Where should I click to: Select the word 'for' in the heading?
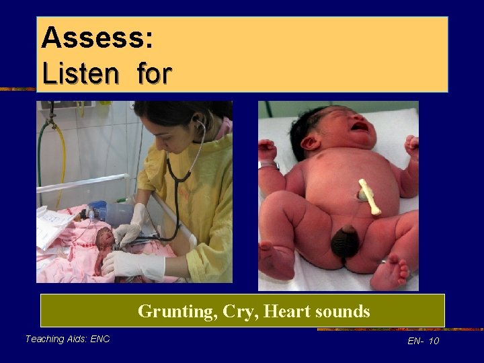(x=154, y=73)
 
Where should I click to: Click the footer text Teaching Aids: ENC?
(x=67, y=339)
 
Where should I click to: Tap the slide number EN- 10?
(x=423, y=341)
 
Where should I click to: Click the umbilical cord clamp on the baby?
(x=368, y=196)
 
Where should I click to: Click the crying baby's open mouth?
(x=360, y=126)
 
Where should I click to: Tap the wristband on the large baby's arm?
(x=270, y=164)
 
